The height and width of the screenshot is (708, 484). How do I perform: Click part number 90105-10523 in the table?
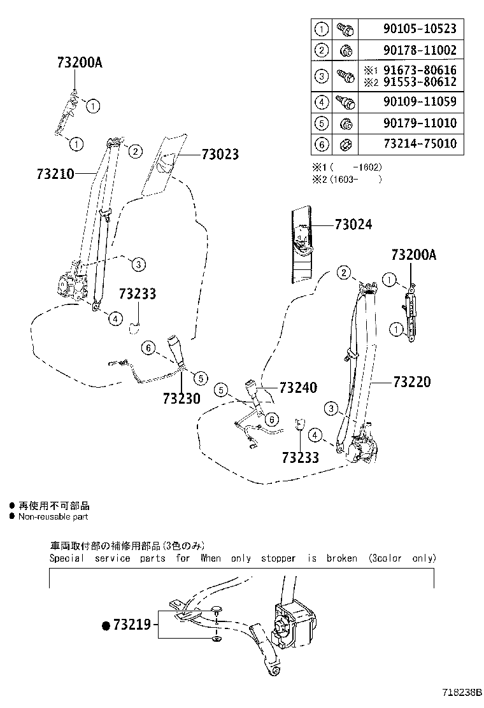point(420,29)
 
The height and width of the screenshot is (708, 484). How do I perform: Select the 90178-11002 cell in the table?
point(420,50)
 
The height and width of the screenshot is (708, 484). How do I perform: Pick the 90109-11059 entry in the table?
point(420,102)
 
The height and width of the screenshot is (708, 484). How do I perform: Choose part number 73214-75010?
point(420,144)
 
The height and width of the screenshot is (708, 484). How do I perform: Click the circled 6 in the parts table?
point(322,145)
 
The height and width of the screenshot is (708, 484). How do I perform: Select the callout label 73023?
point(220,154)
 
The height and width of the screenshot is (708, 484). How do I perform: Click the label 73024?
point(353,224)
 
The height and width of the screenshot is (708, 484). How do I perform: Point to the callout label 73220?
point(411,382)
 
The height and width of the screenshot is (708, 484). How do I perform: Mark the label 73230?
point(181,398)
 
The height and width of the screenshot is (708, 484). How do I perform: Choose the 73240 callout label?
point(297,388)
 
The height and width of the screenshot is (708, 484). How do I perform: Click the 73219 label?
point(132,625)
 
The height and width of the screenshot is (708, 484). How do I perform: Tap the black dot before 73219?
point(106,625)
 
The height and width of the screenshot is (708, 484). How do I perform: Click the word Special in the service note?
point(67,558)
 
